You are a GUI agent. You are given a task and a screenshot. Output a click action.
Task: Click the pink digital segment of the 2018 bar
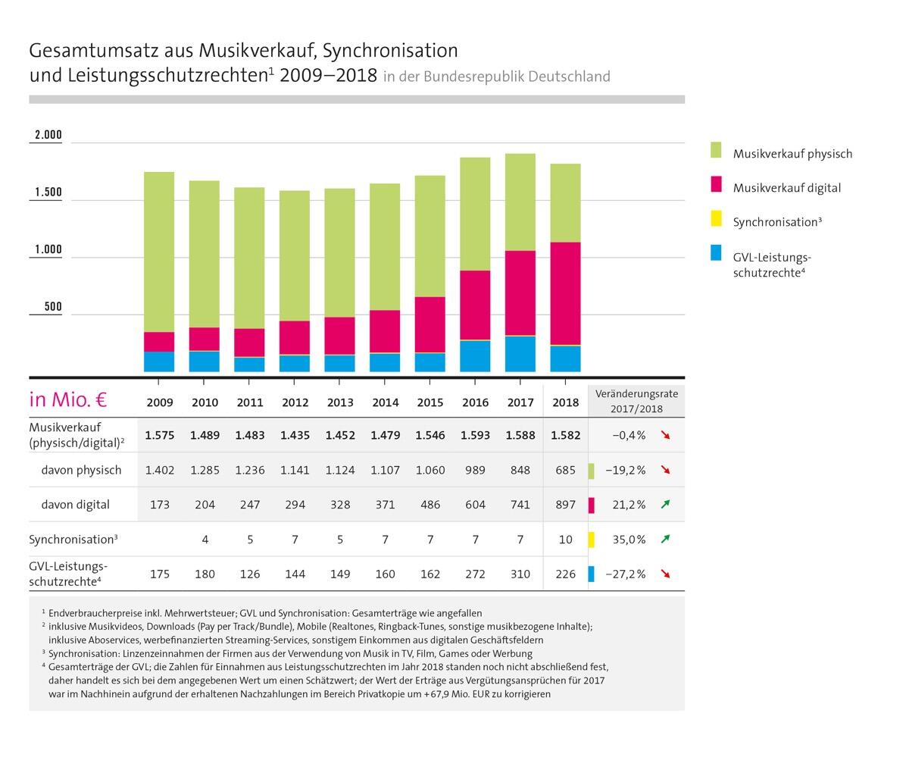pyautogui.click(x=565, y=293)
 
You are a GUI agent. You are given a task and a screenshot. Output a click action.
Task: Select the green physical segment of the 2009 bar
pyautogui.click(x=159, y=252)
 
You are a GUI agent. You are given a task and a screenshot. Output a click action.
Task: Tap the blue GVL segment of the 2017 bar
pyautogui.click(x=520, y=354)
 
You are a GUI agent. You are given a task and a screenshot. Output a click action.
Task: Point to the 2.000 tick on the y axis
pyautogui.click(x=47, y=136)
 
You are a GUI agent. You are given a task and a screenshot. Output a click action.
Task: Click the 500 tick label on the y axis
pyautogui.click(x=52, y=307)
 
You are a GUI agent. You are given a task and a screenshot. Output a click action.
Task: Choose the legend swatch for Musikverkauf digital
pyautogui.click(x=716, y=185)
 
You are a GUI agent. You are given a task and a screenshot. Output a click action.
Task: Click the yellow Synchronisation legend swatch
pyautogui.click(x=716, y=219)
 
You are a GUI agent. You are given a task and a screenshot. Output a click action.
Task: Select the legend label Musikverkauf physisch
pyautogui.click(x=792, y=154)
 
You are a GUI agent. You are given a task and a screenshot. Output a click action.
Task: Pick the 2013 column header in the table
pyautogui.click(x=340, y=402)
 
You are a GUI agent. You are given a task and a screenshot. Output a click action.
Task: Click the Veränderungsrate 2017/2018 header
pyautogui.click(x=636, y=402)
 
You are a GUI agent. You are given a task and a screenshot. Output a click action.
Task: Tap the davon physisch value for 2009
pyautogui.click(x=160, y=470)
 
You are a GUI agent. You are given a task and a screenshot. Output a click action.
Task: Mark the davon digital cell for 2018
pyautogui.click(x=565, y=505)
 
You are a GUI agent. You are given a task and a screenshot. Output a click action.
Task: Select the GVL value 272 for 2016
pyautogui.click(x=475, y=574)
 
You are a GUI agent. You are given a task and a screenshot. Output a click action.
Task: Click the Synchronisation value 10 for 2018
pyautogui.click(x=565, y=540)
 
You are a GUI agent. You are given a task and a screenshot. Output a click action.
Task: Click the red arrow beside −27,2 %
pyautogui.click(x=666, y=574)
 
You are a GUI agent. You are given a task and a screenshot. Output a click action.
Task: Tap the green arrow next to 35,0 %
pyautogui.click(x=666, y=539)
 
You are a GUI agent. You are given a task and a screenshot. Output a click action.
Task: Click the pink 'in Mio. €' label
pyautogui.click(x=67, y=399)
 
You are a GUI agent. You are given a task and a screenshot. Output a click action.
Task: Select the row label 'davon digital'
pyautogui.click(x=75, y=505)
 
